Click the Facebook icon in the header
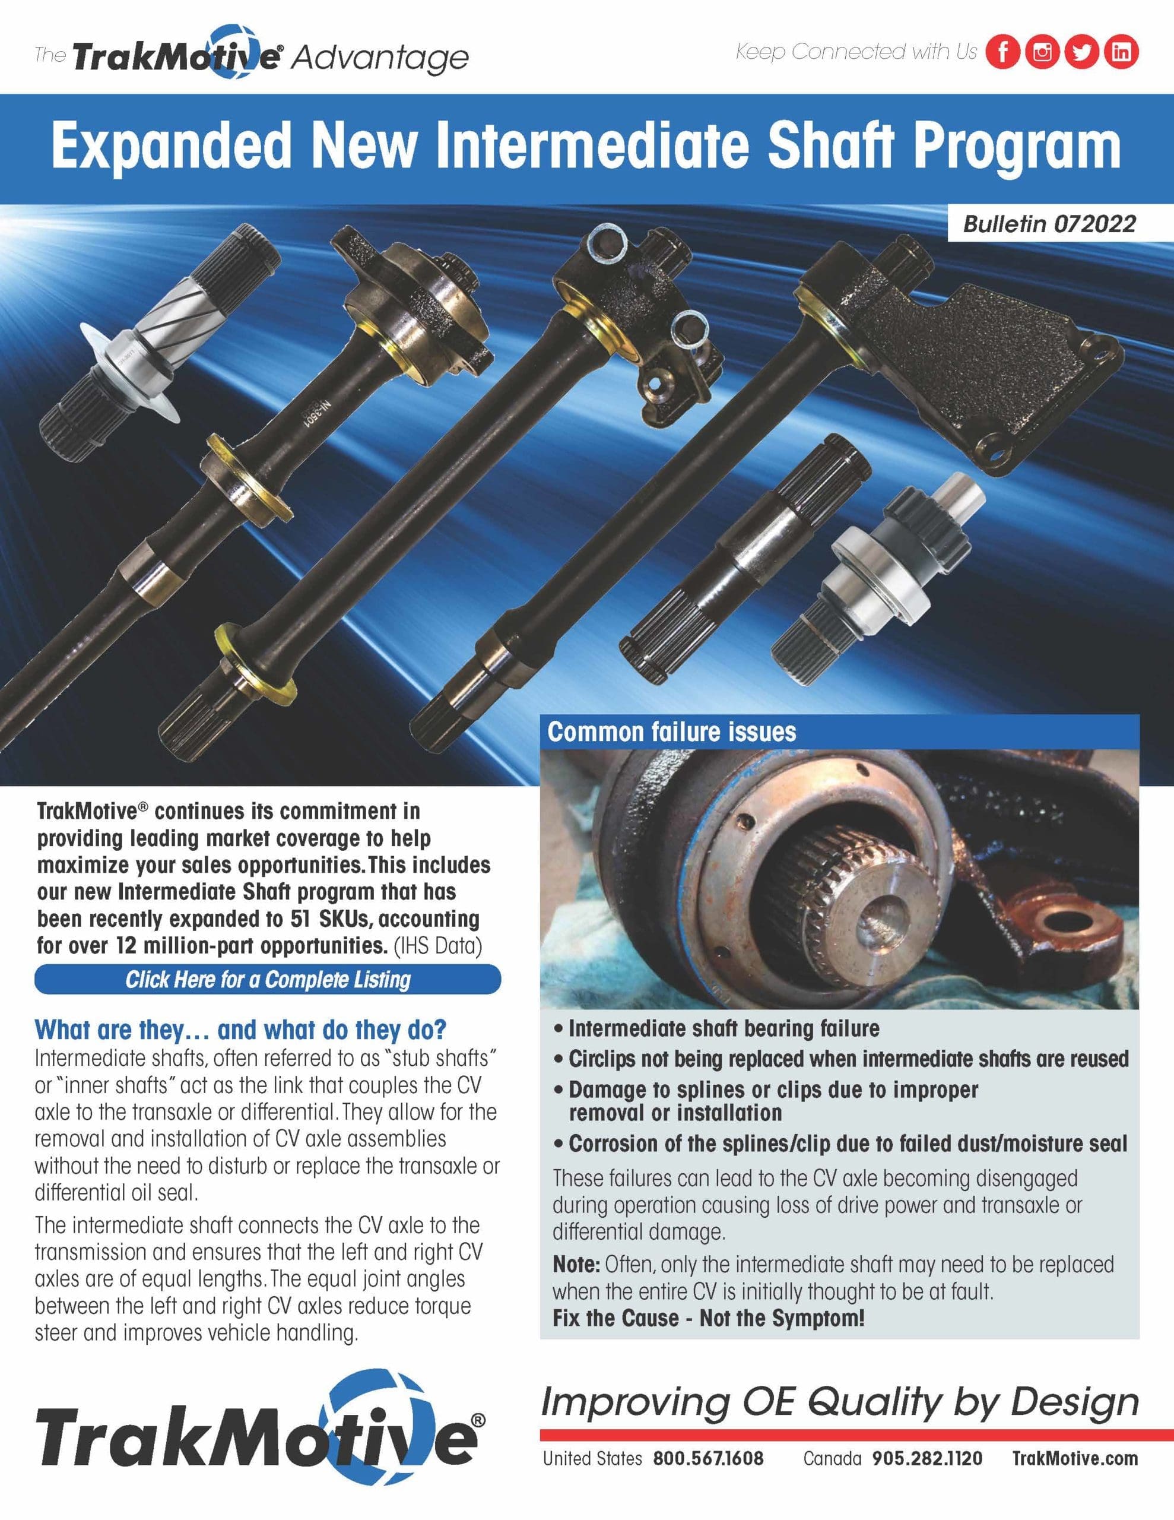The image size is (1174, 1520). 1003,52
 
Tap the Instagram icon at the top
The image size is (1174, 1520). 1042,52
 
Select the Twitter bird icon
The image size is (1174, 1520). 1081,52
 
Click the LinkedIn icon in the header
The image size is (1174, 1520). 1121,52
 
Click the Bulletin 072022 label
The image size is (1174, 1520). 1049,224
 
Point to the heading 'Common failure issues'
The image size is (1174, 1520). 671,732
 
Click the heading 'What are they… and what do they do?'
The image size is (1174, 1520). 240,1030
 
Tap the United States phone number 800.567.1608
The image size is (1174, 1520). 707,1458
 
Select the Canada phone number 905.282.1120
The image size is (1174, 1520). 927,1458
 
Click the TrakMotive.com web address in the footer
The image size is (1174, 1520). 1074,1458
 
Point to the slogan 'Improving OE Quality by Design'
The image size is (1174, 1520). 839,1402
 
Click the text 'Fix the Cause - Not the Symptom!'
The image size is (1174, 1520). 709,1318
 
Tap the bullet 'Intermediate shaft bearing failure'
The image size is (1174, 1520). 724,1028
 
